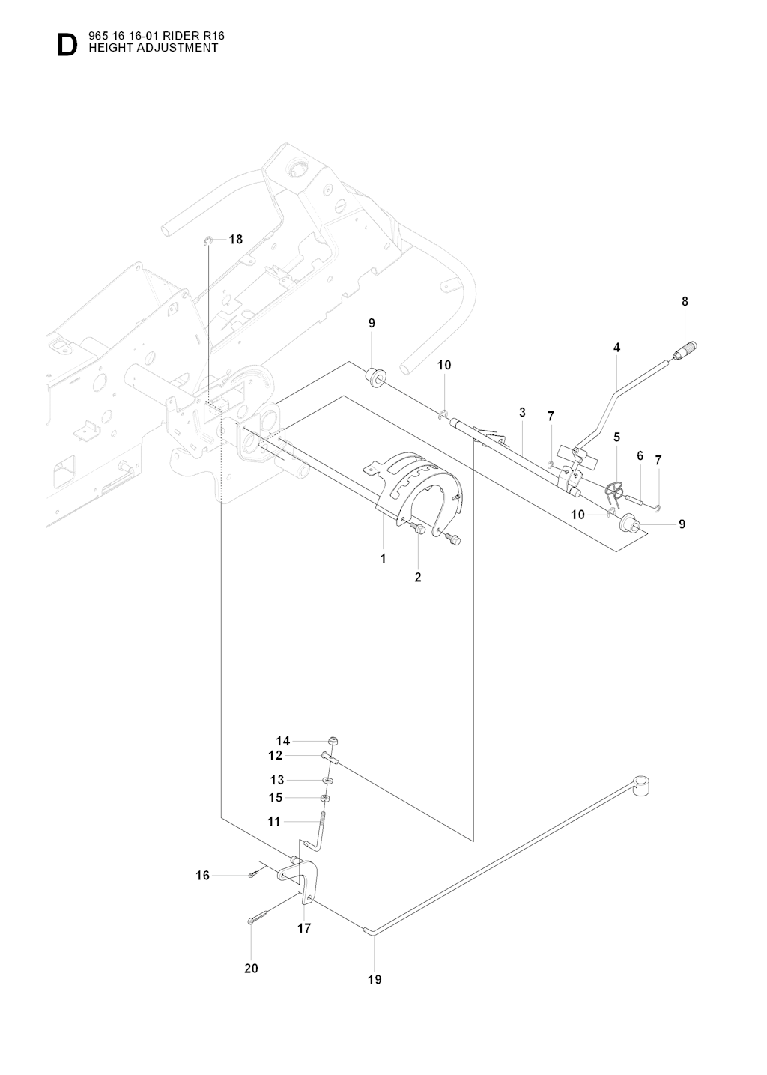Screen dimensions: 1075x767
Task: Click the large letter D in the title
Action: [67, 46]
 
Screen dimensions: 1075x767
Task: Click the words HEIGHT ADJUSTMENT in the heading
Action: [154, 47]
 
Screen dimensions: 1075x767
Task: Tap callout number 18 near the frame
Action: [236, 240]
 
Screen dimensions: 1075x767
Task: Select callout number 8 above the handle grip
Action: [685, 301]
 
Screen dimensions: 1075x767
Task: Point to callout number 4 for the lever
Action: [616, 348]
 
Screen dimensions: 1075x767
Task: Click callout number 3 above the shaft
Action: [522, 412]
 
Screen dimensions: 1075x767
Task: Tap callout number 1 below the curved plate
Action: [383, 558]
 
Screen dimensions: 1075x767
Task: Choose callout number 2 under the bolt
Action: [418, 577]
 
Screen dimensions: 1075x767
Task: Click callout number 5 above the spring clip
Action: [617, 437]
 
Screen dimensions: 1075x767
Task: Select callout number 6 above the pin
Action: [640, 455]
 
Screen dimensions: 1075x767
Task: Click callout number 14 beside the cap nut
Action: [282, 741]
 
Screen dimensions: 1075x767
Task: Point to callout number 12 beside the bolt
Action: [276, 756]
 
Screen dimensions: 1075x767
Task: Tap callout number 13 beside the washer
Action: [277, 780]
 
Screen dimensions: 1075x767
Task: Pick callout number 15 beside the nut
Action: [276, 797]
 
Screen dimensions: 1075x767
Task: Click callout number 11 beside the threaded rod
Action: [274, 822]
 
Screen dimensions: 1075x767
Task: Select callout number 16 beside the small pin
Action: [203, 875]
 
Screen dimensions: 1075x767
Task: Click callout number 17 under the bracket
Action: [304, 928]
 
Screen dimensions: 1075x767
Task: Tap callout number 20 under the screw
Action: [251, 969]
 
